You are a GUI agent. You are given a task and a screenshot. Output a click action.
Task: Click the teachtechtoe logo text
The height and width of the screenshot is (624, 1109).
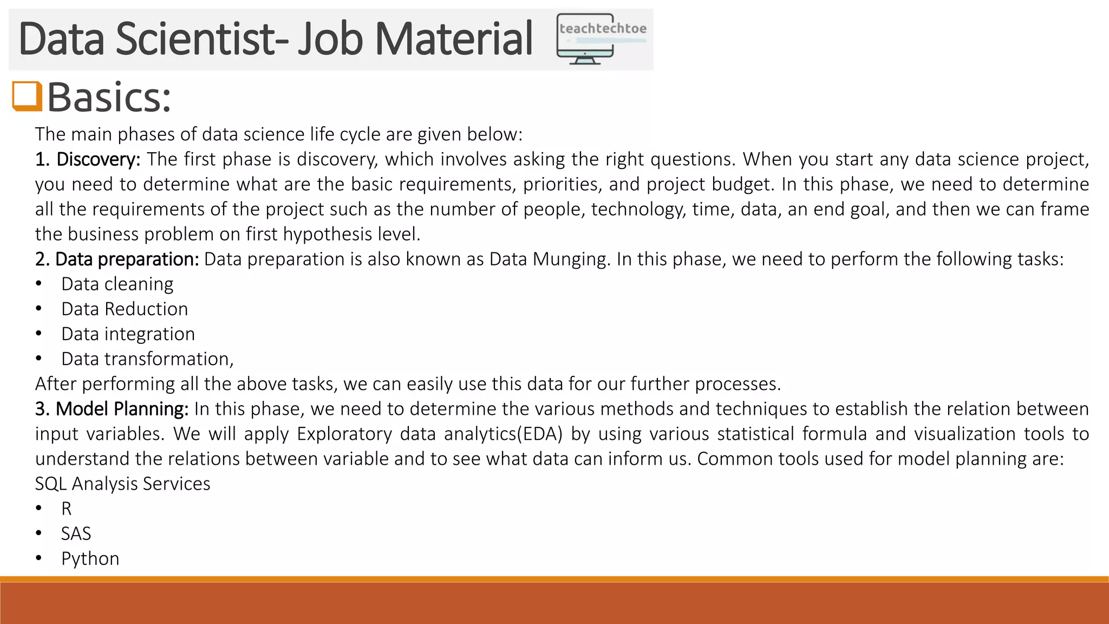603,29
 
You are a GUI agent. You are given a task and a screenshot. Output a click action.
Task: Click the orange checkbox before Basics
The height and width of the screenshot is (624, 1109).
27,96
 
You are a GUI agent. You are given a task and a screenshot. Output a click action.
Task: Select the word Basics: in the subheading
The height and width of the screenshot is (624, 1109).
109,97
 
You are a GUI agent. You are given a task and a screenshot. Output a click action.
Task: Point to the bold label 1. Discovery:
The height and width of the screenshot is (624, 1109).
88,159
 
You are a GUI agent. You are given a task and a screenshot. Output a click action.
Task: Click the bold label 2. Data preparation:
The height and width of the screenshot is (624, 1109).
117,259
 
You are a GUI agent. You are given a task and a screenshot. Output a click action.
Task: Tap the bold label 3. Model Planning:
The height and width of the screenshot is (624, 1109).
112,408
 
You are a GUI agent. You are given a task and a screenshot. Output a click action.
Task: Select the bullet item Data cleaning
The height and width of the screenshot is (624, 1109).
117,284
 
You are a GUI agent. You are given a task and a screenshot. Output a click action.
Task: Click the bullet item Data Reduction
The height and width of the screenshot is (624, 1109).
125,309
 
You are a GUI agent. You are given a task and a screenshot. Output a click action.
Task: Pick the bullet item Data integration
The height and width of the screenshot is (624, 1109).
128,334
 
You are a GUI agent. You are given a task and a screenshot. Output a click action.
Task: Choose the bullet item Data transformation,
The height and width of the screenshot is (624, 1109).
147,359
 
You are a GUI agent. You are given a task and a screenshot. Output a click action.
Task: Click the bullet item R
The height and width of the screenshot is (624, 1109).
66,509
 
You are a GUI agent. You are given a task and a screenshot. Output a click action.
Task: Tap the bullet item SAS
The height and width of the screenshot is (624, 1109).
76,534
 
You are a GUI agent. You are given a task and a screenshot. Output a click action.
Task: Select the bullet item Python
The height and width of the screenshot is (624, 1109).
90,558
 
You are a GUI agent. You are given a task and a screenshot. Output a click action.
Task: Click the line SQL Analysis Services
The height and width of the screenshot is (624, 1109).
122,484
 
